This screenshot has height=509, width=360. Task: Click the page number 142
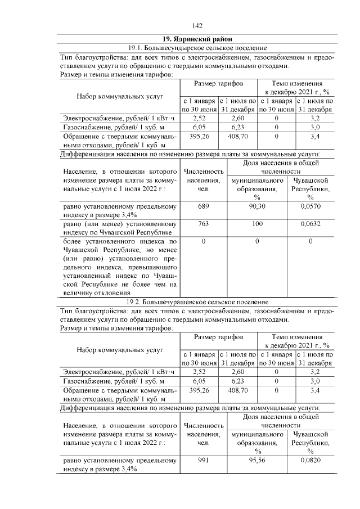coord(197,25)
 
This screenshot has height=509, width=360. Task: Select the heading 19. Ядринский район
coord(197,39)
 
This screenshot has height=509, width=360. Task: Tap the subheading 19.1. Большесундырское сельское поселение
coord(197,48)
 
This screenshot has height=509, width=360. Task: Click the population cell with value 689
coord(203,207)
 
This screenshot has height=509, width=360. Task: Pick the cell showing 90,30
coord(257,207)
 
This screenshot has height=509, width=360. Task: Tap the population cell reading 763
coord(203,224)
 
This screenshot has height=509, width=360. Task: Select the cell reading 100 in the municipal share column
coord(257,224)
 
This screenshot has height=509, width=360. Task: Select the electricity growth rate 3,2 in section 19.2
coord(315,371)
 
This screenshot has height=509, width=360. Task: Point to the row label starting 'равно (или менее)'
coord(119,228)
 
